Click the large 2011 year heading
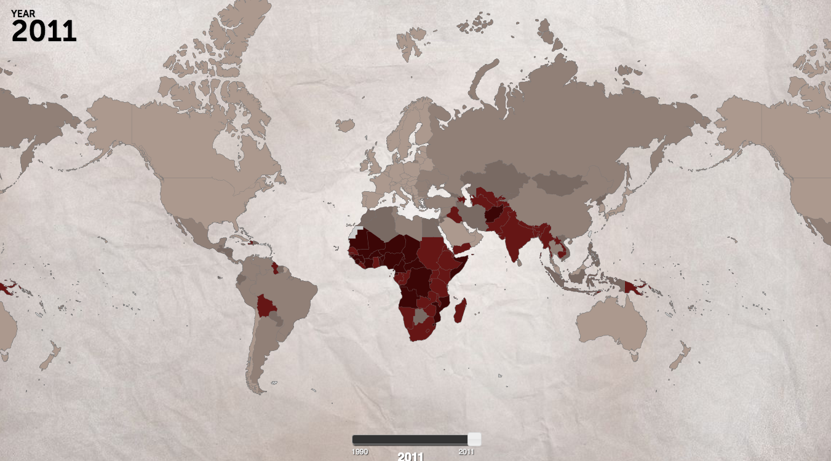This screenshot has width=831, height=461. tap(44, 31)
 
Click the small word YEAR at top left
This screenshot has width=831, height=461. tap(22, 13)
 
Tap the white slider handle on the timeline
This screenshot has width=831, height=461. tap(474, 439)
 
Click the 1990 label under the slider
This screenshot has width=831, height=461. tap(360, 452)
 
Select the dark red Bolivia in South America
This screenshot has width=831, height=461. tap(265, 305)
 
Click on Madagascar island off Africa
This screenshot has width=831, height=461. tap(460, 310)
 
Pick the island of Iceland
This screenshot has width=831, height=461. tap(344, 125)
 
